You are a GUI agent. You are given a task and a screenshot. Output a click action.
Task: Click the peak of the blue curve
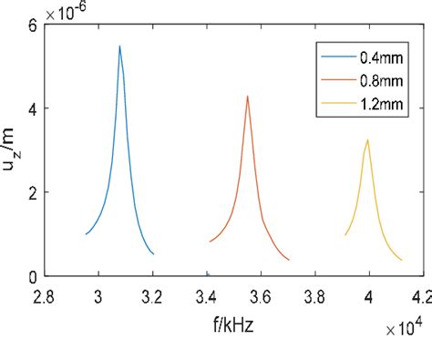pyautogui.click(x=119, y=46)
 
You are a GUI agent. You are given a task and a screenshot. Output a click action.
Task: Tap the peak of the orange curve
pyautogui.click(x=247, y=96)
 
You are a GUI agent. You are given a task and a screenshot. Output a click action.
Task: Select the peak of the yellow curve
pyautogui.click(x=367, y=139)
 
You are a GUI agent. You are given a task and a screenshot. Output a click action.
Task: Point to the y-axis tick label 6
pyautogui.click(x=32, y=25)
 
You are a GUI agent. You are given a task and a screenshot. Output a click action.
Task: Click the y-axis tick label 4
pyautogui.click(x=32, y=108)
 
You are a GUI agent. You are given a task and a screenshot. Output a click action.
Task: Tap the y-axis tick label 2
pyautogui.click(x=32, y=192)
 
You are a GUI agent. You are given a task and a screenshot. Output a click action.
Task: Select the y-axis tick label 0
pyautogui.click(x=32, y=276)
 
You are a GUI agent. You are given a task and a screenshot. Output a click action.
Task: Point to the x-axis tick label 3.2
pyautogui.click(x=153, y=296)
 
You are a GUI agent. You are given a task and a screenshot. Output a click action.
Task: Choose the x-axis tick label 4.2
pyautogui.click(x=421, y=296)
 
